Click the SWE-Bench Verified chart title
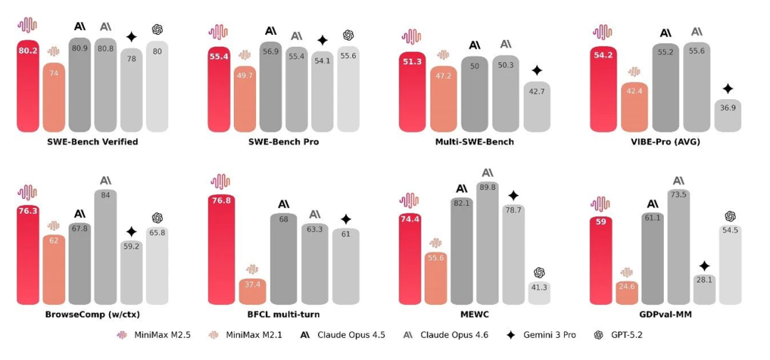(x=93, y=141)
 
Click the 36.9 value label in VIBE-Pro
(x=727, y=107)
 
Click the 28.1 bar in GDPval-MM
(x=704, y=289)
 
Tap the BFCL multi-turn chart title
(x=284, y=314)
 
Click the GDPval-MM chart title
(x=667, y=314)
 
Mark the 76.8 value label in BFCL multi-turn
(x=220, y=200)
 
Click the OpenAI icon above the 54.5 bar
(x=729, y=216)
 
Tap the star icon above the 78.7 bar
(x=513, y=195)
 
